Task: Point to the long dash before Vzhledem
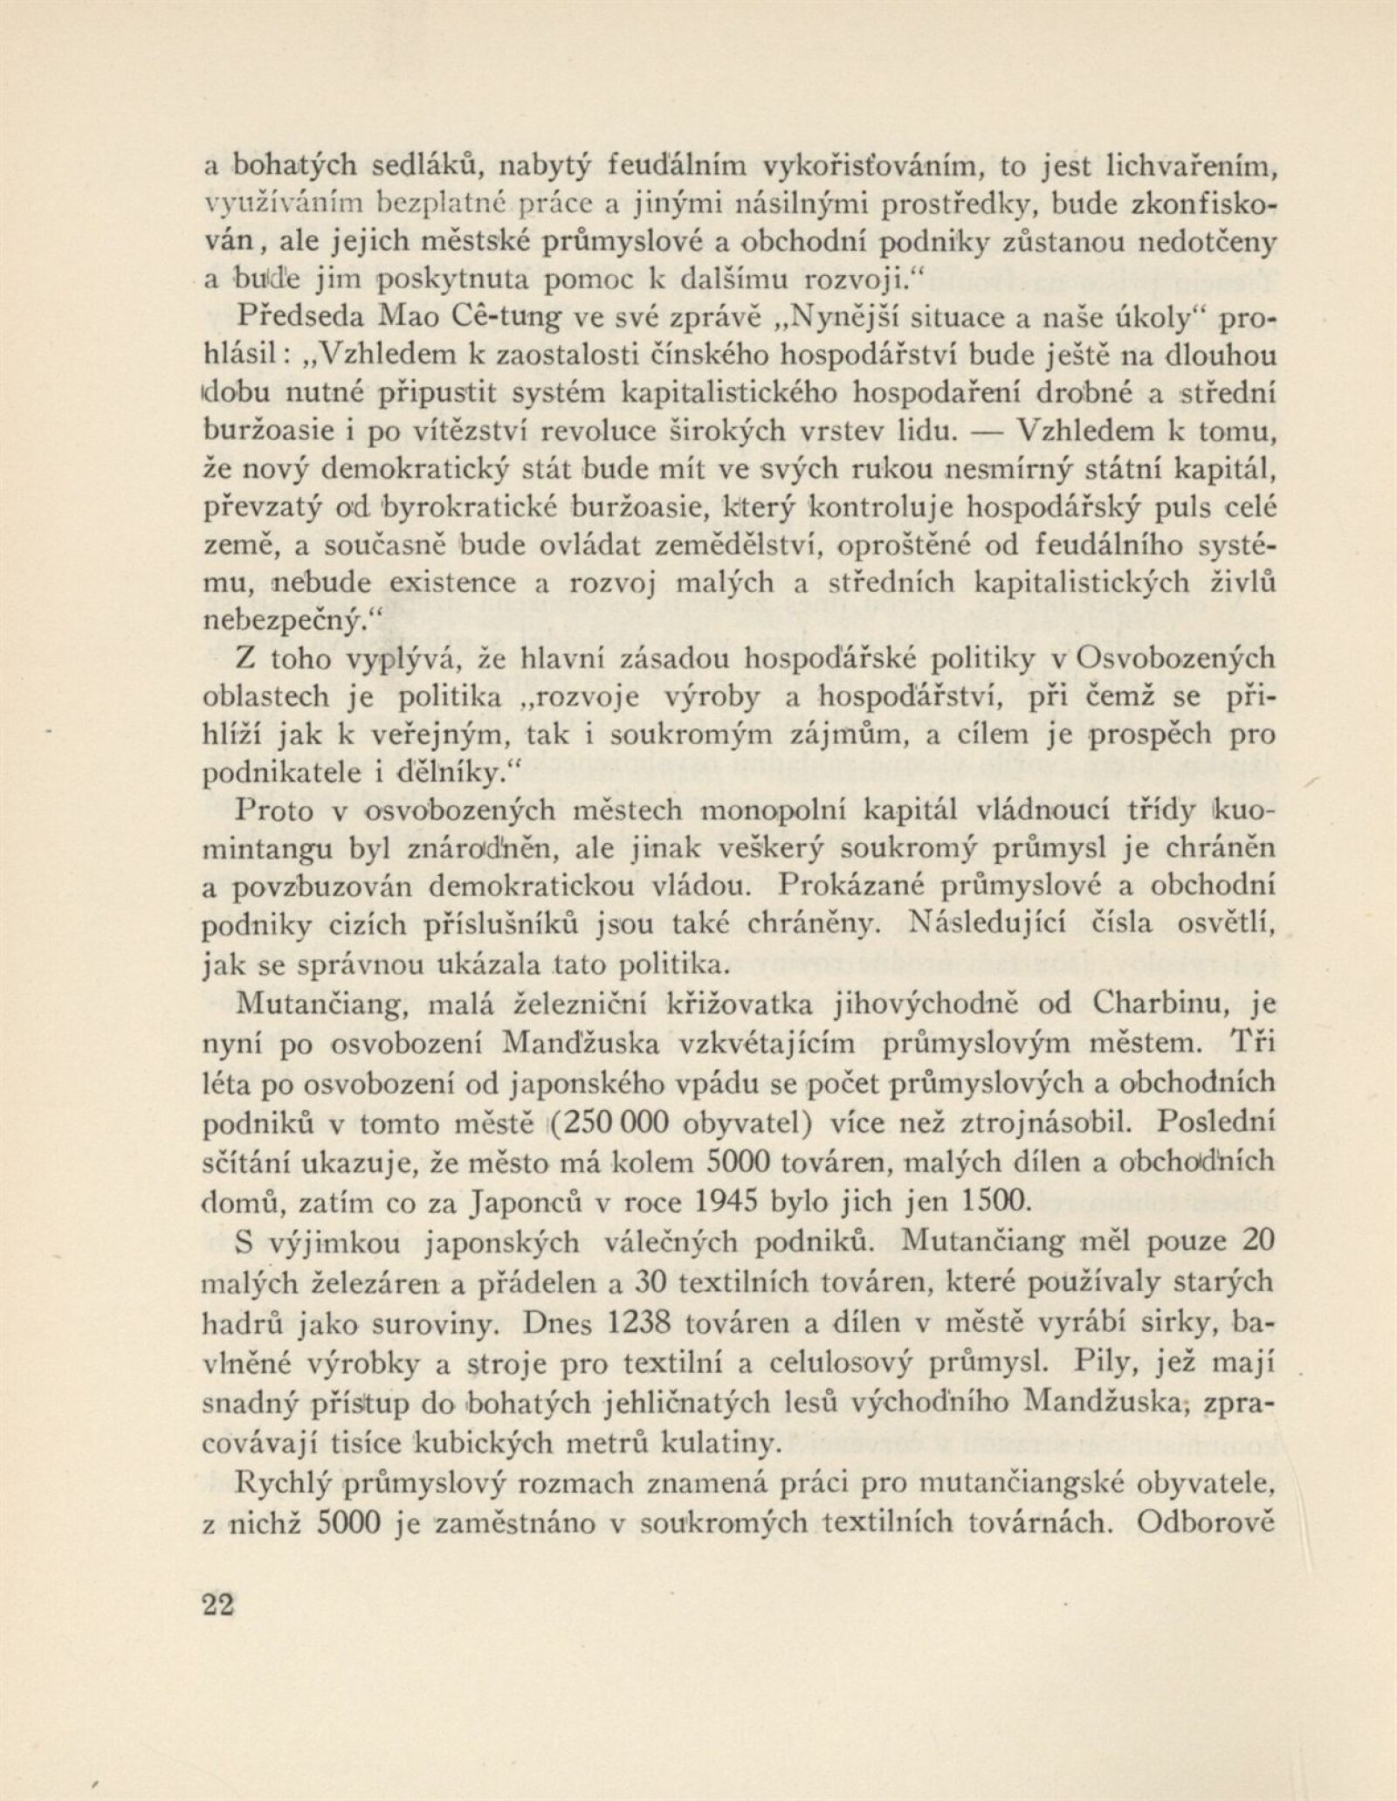985,434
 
